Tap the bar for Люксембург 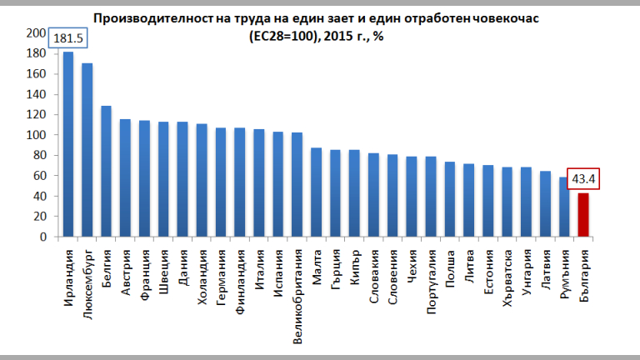87,150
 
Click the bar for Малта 317,192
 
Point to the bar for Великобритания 297,184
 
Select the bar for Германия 221,182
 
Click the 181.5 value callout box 68,39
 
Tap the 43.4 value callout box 584,178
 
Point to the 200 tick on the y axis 36,33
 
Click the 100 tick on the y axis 36,135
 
